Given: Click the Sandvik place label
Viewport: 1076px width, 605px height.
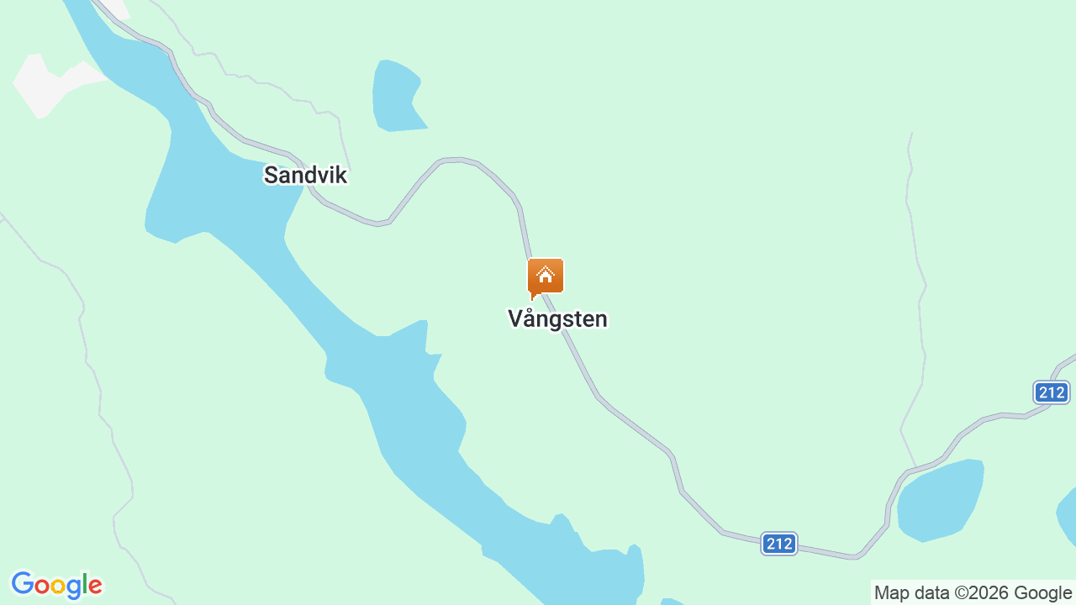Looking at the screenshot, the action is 305,175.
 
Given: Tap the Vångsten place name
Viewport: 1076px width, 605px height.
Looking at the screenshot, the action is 557,319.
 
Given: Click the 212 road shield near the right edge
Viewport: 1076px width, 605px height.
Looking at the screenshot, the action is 1051,392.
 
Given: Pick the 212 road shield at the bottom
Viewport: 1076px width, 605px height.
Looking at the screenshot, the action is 779,544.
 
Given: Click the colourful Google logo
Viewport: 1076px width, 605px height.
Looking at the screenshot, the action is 56,585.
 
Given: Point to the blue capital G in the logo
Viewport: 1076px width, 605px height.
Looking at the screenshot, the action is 22,584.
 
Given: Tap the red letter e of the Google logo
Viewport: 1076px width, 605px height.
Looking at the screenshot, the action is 95,586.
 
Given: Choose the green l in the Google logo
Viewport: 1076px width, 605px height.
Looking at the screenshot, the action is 84,584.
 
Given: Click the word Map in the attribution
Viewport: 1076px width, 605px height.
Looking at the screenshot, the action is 892,593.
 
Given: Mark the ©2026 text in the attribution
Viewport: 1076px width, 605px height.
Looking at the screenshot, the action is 984,593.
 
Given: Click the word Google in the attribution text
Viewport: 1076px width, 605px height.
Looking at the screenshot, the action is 1044,593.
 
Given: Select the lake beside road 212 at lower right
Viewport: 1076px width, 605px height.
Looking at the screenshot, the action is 940,502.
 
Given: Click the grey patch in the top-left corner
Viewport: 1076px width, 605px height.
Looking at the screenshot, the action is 50,82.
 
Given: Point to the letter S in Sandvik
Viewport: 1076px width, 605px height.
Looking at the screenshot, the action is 271,175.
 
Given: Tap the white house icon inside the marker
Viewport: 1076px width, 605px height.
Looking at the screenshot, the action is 546,274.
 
